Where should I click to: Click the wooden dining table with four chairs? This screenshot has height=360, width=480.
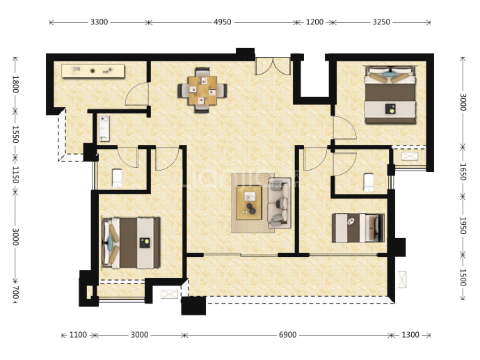(202, 90)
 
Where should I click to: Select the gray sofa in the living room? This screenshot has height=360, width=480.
(279, 203)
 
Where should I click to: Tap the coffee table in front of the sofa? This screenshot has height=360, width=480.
(249, 203)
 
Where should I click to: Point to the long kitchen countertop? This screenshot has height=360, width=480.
(93, 71)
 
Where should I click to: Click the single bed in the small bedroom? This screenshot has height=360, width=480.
(358, 228)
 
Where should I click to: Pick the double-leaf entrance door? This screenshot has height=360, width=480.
(273, 66)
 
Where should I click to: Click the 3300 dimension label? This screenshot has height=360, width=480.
(99, 22)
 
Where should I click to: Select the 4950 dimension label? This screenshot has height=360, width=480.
(223, 22)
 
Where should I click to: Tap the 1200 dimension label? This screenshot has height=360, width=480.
(314, 22)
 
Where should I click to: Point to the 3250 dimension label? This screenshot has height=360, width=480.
(381, 22)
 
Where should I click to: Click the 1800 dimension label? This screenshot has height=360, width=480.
(15, 84)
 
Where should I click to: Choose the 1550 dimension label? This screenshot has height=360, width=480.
(15, 134)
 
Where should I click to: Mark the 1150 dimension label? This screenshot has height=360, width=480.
(15, 175)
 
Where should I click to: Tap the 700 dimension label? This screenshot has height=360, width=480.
(15, 292)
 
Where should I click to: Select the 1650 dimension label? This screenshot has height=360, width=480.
(463, 172)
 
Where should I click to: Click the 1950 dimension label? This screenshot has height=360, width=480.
(463, 226)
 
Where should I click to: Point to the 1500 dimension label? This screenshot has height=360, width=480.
(463, 278)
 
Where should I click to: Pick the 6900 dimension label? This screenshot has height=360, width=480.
(288, 335)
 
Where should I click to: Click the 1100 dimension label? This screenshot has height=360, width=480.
(78, 335)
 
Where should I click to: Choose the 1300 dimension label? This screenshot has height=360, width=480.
(410, 335)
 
